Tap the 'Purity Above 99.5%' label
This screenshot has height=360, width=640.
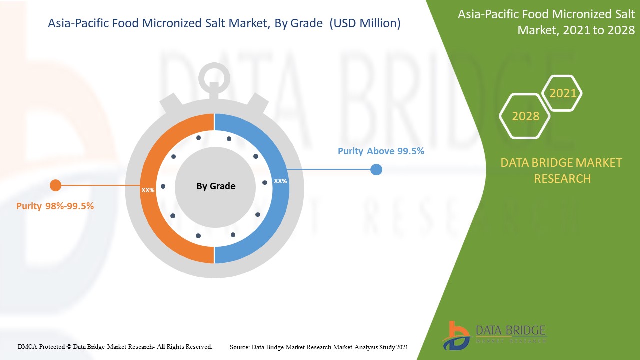381,151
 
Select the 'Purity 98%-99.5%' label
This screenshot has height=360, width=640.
55,206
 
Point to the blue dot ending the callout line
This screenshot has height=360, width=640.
376,170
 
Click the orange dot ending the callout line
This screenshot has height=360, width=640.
55,186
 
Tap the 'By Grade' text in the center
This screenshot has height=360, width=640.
216,186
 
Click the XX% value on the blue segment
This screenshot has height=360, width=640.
280,181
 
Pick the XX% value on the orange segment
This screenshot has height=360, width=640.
148,190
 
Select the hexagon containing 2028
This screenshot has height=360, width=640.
525,116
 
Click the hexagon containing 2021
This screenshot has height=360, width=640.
563,93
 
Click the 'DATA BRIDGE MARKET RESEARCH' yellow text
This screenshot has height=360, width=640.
561,170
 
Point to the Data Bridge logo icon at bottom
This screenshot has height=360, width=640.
456,335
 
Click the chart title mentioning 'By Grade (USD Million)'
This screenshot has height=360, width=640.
224,23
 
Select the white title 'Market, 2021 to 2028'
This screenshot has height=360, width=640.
575,30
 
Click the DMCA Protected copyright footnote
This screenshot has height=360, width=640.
115,346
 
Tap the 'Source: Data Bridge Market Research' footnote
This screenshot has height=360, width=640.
319,346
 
